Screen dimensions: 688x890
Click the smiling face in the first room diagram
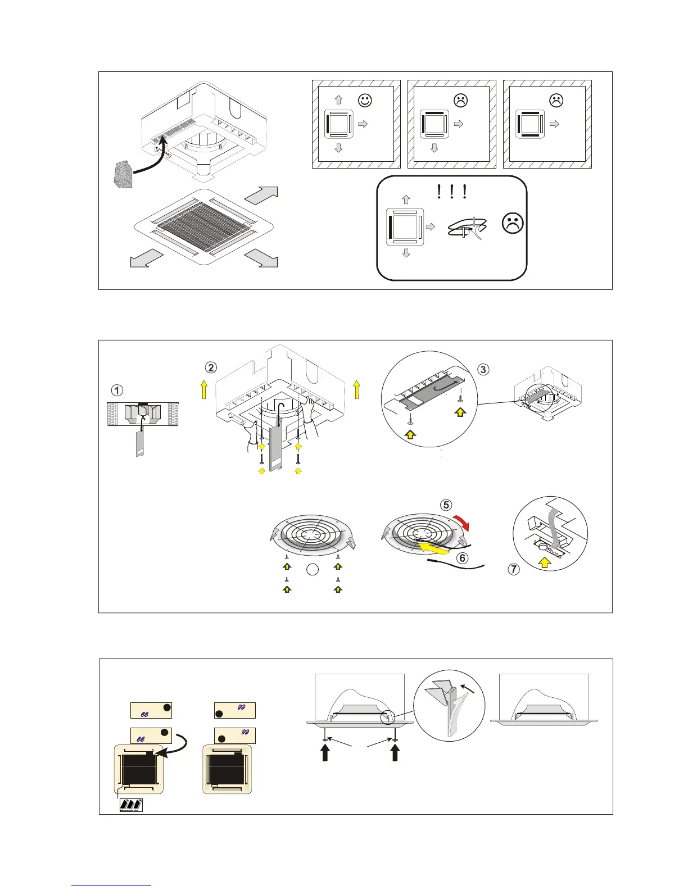365,101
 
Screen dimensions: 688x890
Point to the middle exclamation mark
451,193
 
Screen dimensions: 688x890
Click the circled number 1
116,390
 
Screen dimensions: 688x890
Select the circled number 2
211,367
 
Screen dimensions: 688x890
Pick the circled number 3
483,369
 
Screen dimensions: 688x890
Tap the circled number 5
446,505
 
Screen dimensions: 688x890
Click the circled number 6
462,558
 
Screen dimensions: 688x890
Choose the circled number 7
514,569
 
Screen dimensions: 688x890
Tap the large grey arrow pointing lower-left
146,260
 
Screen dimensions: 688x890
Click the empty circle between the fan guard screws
313,570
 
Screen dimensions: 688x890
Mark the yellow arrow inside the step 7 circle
544,562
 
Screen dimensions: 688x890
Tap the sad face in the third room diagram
556,101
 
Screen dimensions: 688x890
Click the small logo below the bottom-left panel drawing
132,805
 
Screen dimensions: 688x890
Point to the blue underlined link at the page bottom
111,885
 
